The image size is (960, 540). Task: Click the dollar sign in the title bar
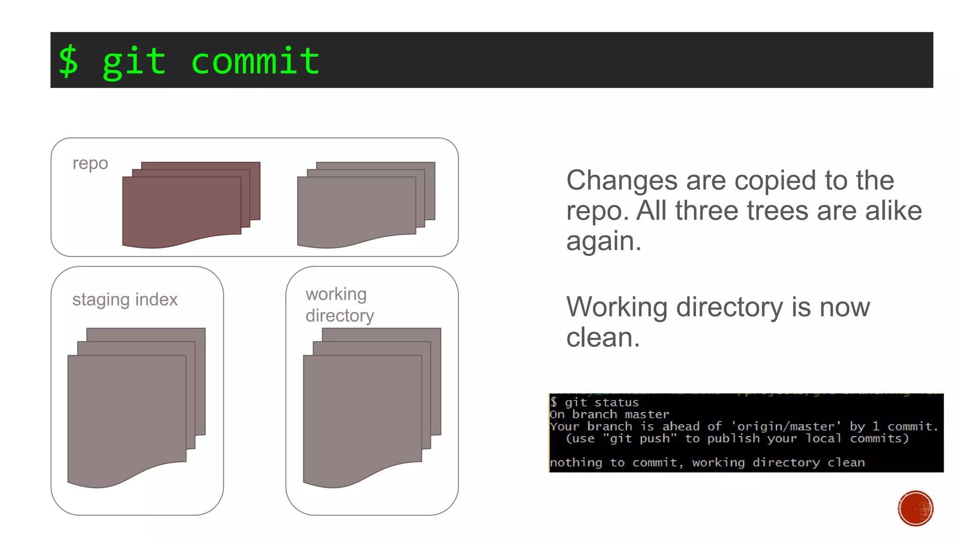[x=68, y=61]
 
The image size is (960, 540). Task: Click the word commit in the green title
[x=255, y=61]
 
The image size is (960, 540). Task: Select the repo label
[x=90, y=163]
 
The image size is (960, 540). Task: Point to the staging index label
[x=125, y=300]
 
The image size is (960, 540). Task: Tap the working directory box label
[x=339, y=305]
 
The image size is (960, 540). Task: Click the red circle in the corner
[x=915, y=508]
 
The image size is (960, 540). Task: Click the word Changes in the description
[x=622, y=180]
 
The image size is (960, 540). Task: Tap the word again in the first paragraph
[x=603, y=241]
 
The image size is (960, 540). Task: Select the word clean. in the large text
[x=603, y=337]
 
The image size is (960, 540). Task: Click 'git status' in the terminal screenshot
[x=601, y=403]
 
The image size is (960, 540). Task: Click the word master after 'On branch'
[x=647, y=414]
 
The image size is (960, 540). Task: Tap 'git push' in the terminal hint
[x=639, y=439]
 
